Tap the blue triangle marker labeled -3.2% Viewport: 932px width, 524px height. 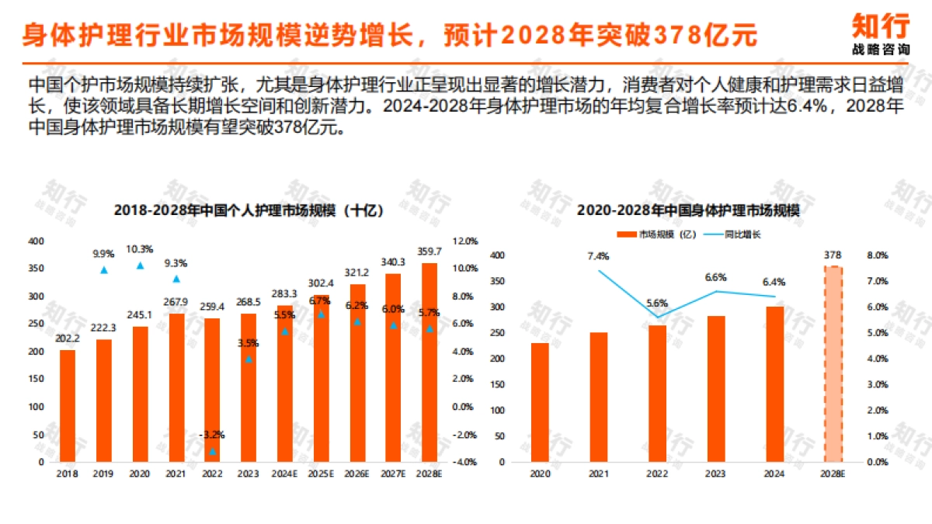tap(213, 451)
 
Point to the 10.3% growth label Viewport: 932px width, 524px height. tap(140, 249)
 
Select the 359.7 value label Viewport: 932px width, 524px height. tap(429, 252)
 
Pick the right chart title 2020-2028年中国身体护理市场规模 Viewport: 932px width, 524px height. tap(688, 210)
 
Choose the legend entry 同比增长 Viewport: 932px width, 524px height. tap(734, 234)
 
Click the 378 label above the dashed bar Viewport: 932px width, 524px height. tap(832, 255)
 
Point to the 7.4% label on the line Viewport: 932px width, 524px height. tap(598, 255)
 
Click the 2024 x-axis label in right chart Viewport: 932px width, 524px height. tap(774, 473)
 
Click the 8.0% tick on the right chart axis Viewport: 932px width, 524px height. tap(877, 255)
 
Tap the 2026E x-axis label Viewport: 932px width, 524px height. tap(357, 473)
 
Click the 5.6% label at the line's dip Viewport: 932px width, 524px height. tap(657, 303)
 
